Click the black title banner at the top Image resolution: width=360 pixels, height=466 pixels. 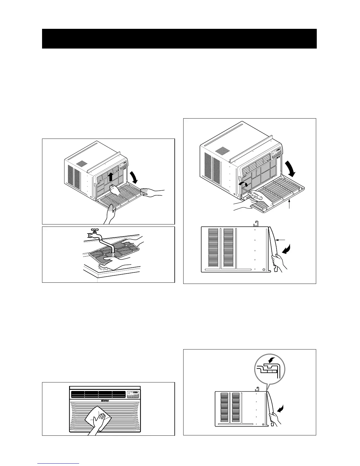[179, 39]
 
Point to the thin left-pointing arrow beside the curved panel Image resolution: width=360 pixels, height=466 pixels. [281, 240]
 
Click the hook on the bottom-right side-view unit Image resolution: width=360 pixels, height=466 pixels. [257, 389]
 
